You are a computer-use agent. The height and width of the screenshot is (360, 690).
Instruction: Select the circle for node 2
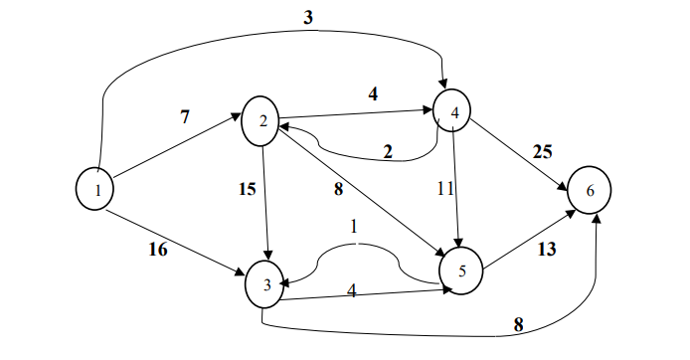261,121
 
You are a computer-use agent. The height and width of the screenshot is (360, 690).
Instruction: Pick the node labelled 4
453,111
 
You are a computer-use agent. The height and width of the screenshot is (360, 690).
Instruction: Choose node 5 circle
461,269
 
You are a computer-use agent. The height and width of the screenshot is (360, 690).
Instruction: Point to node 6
591,190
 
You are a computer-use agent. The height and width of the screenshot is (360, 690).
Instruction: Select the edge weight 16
158,249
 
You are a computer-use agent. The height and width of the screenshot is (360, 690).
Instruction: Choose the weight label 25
541,152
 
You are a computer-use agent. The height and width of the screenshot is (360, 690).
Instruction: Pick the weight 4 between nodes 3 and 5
351,291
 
